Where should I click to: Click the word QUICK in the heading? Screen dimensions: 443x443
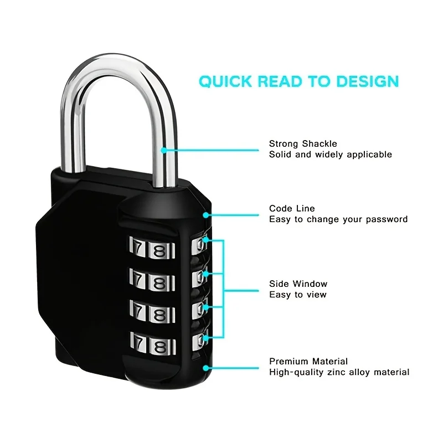tap(225, 81)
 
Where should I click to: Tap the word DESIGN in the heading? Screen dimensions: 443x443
tap(368, 81)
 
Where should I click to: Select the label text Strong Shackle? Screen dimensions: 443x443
tap(303, 144)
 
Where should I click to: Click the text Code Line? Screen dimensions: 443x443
tap(292, 209)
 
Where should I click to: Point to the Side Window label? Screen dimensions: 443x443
tap(298, 284)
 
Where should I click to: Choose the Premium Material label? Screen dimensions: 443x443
tap(308, 362)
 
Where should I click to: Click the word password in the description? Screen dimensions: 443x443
tap(387, 219)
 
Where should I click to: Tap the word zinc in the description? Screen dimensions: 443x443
tap(336, 372)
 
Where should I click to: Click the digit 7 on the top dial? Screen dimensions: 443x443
tap(138, 247)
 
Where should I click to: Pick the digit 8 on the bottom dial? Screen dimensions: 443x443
tap(160, 347)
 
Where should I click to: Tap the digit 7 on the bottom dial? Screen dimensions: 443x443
tap(139, 342)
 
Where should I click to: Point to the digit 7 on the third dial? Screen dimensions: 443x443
tap(138, 311)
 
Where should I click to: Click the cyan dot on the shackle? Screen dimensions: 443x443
tap(164, 150)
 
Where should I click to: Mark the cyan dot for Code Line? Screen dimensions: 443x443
tap(206, 215)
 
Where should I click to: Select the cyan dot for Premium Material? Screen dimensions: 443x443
tap(206, 368)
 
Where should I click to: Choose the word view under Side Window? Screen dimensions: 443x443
tap(316, 295)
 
